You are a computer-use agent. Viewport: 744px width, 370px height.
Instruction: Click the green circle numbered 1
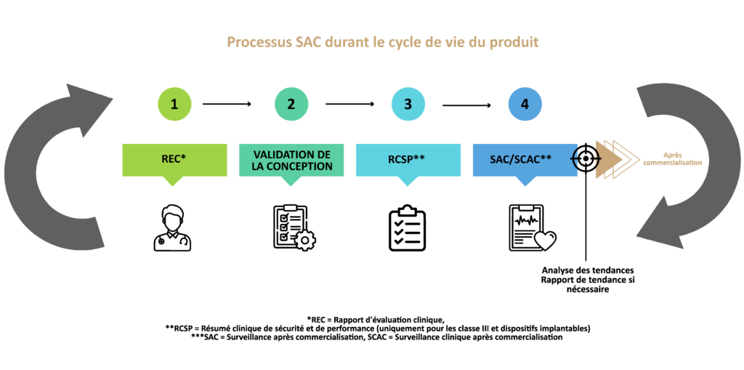coord(174,104)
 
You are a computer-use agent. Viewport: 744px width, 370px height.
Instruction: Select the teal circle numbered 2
coord(291,104)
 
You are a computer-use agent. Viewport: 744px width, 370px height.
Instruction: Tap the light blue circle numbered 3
coord(408,104)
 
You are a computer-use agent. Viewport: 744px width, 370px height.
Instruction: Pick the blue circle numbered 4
coord(525,104)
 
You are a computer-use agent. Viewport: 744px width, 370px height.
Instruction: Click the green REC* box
coord(174,161)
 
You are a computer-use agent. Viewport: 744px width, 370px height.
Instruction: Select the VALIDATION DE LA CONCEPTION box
coord(291,161)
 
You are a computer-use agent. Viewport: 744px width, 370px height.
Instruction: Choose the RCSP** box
coord(408,161)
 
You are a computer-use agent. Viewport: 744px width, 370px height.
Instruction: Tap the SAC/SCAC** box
coord(525,161)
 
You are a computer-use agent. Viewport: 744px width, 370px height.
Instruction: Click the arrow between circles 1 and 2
coord(227,104)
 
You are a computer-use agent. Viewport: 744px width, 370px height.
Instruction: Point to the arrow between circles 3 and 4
coord(467,105)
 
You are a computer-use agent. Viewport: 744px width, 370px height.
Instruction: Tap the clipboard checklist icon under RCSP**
coord(407,228)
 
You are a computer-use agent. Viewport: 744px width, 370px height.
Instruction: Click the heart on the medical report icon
coord(545,241)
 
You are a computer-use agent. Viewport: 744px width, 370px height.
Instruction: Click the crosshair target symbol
coord(586,158)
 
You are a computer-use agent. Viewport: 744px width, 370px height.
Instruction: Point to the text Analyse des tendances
coord(588,270)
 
